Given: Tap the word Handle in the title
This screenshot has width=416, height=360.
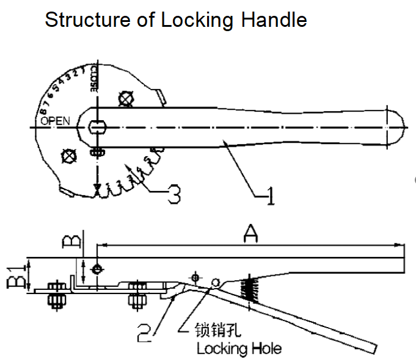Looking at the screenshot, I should (274, 20).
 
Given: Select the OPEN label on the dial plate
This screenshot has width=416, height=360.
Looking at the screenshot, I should (56, 120).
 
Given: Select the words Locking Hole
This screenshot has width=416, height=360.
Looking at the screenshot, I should (239, 349).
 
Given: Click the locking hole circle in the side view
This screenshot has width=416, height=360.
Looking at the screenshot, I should (215, 281).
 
